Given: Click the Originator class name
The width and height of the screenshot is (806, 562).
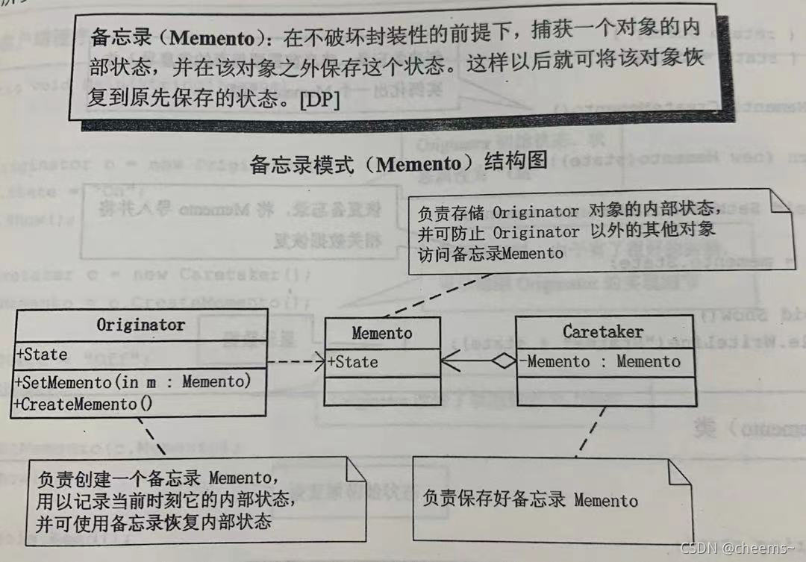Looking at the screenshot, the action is pos(140,325).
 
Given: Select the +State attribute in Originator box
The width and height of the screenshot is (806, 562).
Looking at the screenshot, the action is pos(42,354).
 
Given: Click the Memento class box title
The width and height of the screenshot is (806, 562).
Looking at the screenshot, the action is pos(381,333).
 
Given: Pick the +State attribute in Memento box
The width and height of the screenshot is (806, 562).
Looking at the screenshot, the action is pos(353,362).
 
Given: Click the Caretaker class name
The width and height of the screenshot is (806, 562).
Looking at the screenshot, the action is pos(603,331).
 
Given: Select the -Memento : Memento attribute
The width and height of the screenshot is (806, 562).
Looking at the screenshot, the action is pos(603,362).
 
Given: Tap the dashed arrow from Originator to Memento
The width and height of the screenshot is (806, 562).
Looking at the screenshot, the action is pos(295,362).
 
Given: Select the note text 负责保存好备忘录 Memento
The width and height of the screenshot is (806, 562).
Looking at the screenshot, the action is pos(530,499).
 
